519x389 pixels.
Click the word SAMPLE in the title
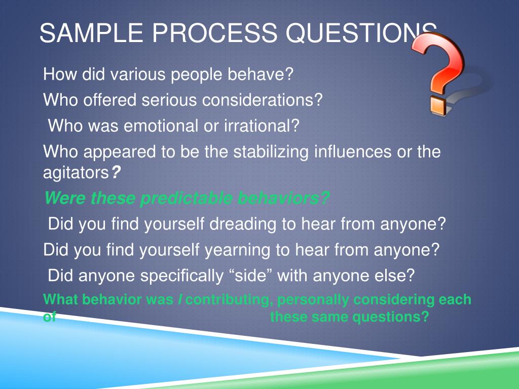[x=91, y=33]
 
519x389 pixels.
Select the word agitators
[x=76, y=173]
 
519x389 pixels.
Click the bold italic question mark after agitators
[x=116, y=172]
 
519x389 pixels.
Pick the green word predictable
[x=186, y=198]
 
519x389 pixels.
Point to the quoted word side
[x=251, y=275]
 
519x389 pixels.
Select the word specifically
[x=182, y=276]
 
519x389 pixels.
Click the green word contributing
[x=227, y=300]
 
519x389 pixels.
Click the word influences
[x=350, y=151]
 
